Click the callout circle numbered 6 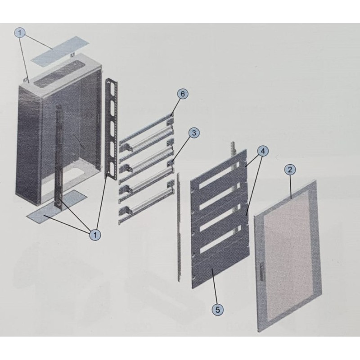183,94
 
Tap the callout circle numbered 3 194,133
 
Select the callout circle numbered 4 263,151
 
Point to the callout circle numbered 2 290,170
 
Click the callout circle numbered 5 217,309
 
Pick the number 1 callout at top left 20,33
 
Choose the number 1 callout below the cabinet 95,234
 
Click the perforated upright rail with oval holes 112,129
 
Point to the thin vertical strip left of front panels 179,227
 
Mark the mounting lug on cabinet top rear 72,54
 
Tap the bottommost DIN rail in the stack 146,211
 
